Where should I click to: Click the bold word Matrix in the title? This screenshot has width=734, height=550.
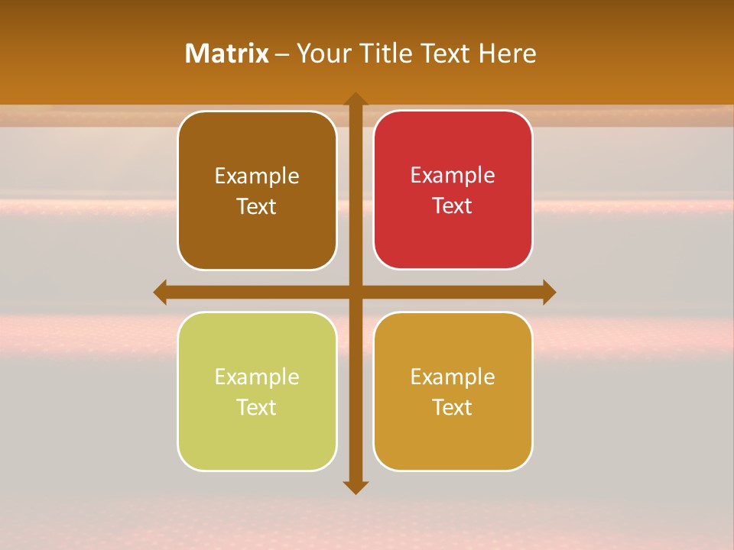(x=227, y=53)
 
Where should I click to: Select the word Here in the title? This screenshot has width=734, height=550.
(x=508, y=53)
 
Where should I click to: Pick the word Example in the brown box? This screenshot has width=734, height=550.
(x=257, y=176)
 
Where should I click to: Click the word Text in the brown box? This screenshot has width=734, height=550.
(x=257, y=207)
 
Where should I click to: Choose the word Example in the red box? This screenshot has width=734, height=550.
(x=453, y=176)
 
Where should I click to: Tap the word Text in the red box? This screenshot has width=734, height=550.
(x=453, y=206)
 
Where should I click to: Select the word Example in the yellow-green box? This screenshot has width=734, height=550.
(x=257, y=377)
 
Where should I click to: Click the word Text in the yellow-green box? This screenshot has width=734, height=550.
(x=257, y=408)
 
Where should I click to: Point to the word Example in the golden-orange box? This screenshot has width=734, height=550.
(x=453, y=377)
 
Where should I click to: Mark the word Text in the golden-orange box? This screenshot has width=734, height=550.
(x=453, y=408)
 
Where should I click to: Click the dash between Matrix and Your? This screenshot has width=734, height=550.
(x=282, y=54)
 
